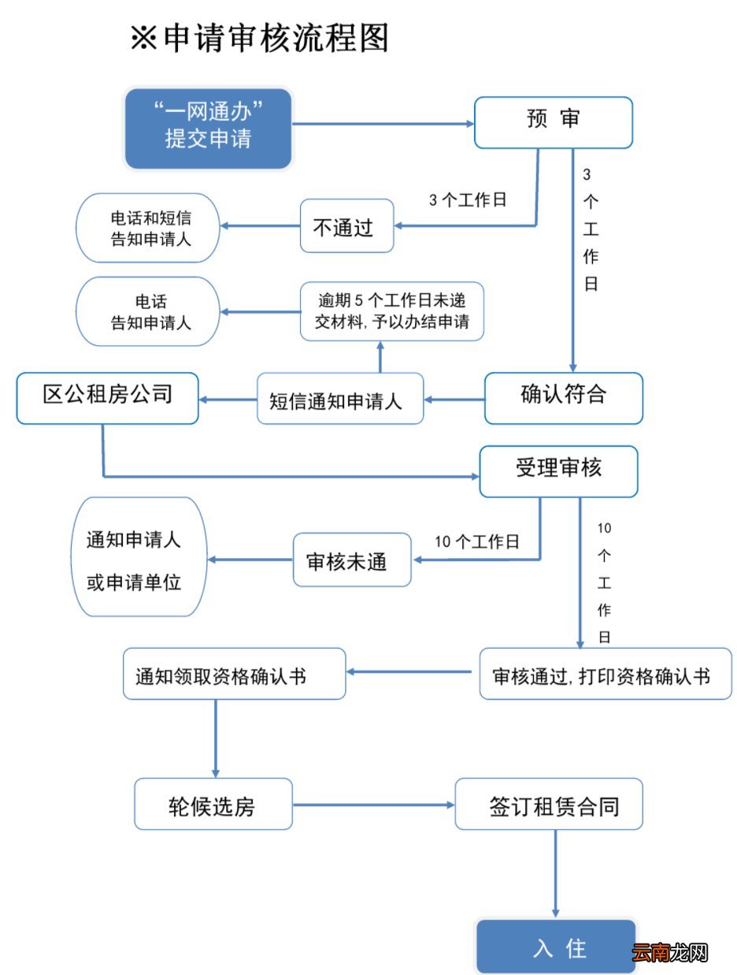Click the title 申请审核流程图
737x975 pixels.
(260, 38)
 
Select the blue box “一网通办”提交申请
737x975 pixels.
(209, 128)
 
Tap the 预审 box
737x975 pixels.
(553, 122)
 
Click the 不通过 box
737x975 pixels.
(346, 227)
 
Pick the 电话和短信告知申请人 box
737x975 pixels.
(148, 228)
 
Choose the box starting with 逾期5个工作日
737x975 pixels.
(391, 312)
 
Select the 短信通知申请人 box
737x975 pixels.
(340, 399)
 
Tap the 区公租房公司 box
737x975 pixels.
(107, 398)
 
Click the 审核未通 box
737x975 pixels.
(352, 561)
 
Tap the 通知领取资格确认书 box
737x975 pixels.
(234, 674)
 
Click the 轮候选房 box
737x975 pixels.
(213, 804)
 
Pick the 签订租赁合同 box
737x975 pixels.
(549, 804)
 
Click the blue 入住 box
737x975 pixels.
(556, 947)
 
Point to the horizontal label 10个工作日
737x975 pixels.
(477, 541)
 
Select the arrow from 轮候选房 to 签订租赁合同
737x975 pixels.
(373, 805)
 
